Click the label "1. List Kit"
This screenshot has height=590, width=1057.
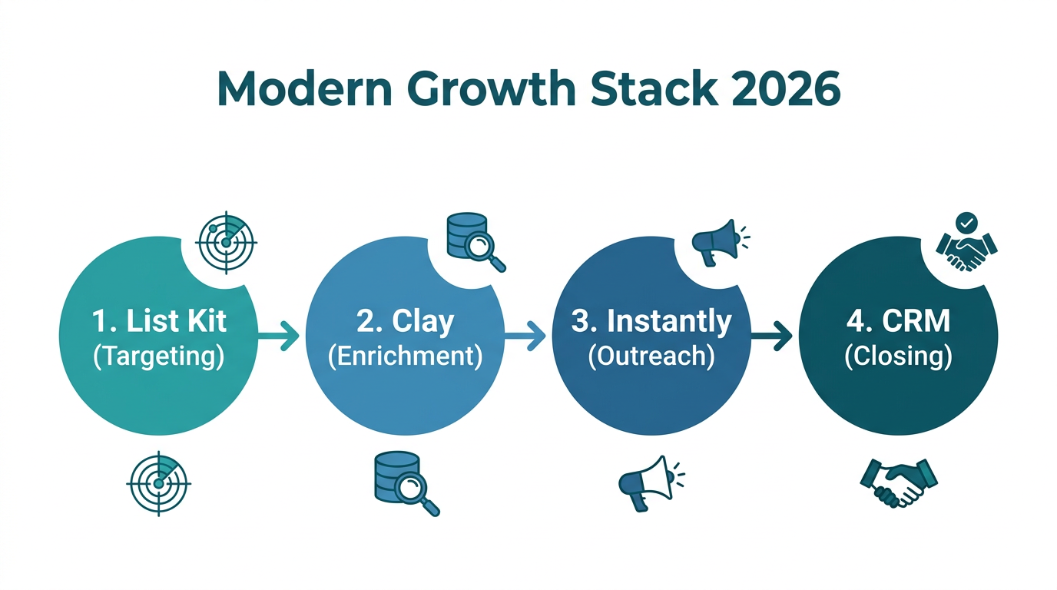tap(158, 321)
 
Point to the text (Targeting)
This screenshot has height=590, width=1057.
tap(158, 357)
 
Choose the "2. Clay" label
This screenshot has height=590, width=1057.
tap(405, 321)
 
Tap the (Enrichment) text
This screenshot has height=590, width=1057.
tap(405, 357)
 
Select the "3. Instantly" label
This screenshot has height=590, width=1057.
tap(651, 321)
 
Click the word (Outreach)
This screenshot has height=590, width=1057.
tap(651, 357)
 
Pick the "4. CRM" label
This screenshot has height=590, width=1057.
tap(898, 321)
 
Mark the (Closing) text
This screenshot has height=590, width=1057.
tap(898, 357)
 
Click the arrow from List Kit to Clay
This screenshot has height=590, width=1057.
tap(279, 335)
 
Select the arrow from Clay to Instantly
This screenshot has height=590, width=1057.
tap(525, 335)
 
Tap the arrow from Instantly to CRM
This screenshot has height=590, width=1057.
tap(771, 335)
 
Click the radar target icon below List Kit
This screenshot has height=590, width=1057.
tap(158, 483)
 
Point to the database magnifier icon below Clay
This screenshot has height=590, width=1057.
tap(406, 483)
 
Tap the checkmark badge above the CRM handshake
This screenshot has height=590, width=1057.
tap(966, 223)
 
